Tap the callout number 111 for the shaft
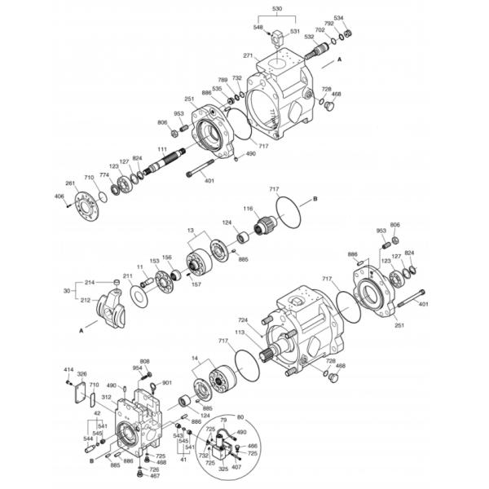(x=162, y=148)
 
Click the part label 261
(x=70, y=183)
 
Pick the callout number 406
(x=59, y=196)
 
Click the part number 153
(x=153, y=261)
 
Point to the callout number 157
(x=196, y=285)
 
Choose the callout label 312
(x=106, y=397)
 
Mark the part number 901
(x=167, y=383)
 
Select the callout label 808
(x=144, y=361)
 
